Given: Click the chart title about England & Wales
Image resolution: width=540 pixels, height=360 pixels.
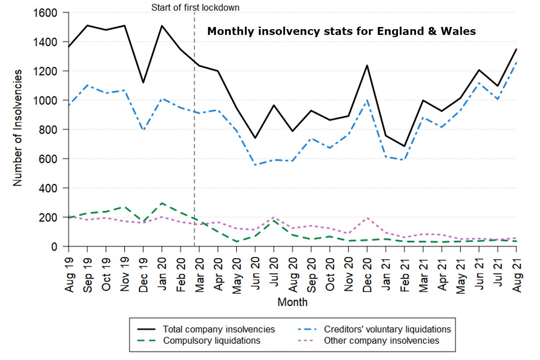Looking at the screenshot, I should click(341, 31).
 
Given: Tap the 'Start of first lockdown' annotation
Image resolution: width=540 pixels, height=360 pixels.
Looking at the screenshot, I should click(195, 8).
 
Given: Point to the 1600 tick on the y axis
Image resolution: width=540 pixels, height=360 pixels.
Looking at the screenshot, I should click(45, 13).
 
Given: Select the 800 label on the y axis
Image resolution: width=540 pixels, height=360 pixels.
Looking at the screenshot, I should click(48, 130).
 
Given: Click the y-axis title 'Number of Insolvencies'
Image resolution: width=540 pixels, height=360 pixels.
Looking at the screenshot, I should click(18, 128).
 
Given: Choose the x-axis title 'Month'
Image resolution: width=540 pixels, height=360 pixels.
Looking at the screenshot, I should click(292, 302).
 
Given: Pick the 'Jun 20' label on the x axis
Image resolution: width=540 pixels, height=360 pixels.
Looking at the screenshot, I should click(255, 274).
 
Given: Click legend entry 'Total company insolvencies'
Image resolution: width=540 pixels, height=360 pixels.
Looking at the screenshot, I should click(219, 329).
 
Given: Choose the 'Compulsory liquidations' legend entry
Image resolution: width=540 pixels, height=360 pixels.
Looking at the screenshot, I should click(211, 341).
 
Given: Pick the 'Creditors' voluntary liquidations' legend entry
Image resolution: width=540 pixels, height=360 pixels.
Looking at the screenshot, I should click(387, 329).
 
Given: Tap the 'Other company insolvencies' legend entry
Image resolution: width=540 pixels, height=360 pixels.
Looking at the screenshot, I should click(381, 341).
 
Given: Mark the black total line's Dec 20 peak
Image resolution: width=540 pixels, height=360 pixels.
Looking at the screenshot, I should click(367, 66).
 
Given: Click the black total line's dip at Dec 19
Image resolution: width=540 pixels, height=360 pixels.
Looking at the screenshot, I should click(143, 83).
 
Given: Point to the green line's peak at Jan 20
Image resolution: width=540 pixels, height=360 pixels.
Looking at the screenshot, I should click(162, 203).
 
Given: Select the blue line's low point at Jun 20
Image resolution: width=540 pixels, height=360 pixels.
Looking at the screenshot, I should click(255, 165).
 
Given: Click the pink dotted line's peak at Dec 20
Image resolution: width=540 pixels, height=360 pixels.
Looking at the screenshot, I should click(367, 218).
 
